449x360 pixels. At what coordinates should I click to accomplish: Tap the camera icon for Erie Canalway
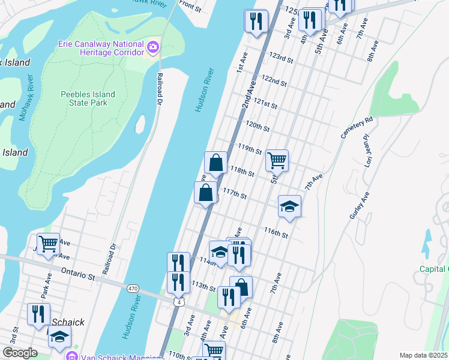pyautogui.click(x=153, y=46)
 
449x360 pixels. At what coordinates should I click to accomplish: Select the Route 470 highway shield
pyautogui.click(x=133, y=289)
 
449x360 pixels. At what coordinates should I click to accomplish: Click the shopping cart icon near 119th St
pyautogui.click(x=277, y=160)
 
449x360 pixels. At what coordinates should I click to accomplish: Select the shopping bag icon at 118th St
pyautogui.click(x=215, y=162)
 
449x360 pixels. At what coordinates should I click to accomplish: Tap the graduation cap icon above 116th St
pyautogui.click(x=289, y=206)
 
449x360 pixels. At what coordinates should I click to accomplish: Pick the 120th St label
pyautogui.click(x=258, y=126)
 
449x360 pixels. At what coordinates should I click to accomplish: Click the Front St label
pyautogui.click(x=190, y=6)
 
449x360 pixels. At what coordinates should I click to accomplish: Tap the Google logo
pyautogui.click(x=20, y=353)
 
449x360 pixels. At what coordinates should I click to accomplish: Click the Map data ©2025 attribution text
pyautogui.click(x=424, y=355)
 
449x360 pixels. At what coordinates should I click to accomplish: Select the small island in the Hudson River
pyautogui.click(x=140, y=124)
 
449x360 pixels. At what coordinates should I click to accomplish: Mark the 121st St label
pyautogui.click(x=265, y=103)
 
